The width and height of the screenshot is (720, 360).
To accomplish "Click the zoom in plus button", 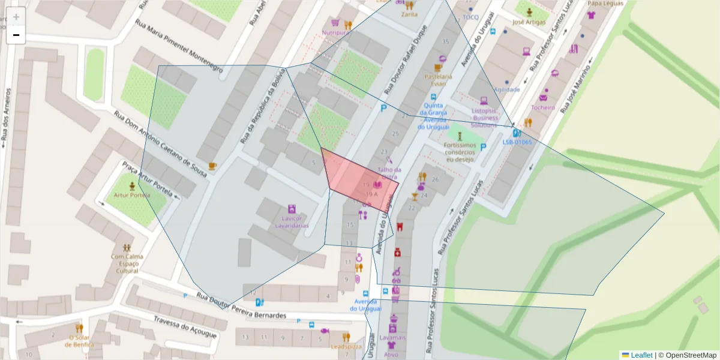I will [16, 17].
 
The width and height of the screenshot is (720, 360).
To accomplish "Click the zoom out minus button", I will [16, 35].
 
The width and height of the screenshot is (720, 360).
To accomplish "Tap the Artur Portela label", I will [132, 196].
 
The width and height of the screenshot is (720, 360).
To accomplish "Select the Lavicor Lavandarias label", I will [292, 222].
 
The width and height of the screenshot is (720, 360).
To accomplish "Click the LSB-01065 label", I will [517, 142].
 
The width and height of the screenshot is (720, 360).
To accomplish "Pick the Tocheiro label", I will [543, 107].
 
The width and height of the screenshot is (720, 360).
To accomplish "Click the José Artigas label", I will [529, 22].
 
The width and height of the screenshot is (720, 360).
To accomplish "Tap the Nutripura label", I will [335, 32].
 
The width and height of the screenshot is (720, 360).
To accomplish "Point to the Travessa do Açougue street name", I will [184, 327].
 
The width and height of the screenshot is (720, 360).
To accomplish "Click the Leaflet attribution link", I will [641, 355].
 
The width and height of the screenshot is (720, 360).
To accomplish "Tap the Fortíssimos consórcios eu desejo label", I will [460, 152].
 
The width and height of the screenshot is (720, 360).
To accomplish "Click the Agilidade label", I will [507, 89].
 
